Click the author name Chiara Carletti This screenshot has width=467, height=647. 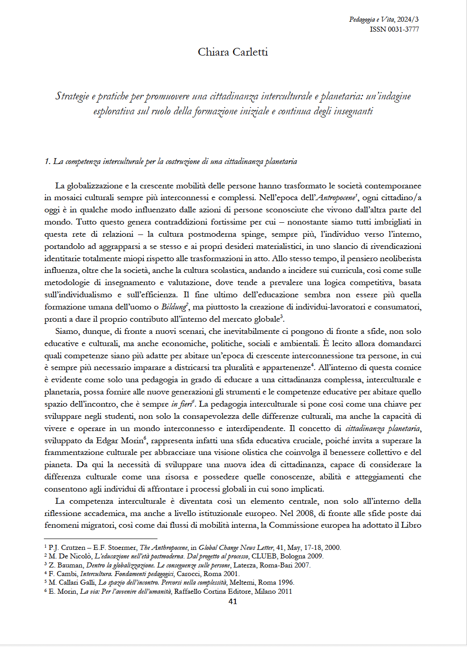tap(233, 52)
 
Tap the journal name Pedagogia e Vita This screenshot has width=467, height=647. tap(372, 19)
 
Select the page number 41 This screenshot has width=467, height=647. tap(233, 601)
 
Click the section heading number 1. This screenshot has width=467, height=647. tap(47, 162)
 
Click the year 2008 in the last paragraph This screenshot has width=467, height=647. tap(305, 513)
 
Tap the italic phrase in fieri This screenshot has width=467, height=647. tap(181, 404)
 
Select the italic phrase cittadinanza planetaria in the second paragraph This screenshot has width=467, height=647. tap(383, 428)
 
